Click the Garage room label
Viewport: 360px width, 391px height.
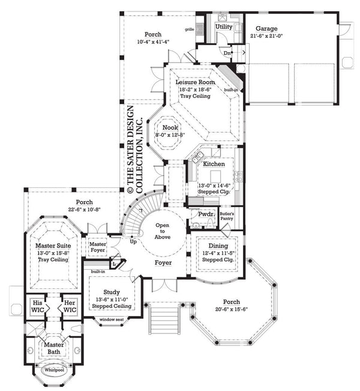266,28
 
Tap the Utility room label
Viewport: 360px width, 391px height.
224,27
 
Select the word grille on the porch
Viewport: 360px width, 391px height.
190,29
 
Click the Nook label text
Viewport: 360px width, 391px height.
169,127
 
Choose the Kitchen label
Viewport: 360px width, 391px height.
214,164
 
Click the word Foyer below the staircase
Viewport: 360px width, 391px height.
163,263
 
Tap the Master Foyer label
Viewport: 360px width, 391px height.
98,247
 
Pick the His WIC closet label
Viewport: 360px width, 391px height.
38,306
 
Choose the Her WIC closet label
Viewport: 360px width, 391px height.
70,306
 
